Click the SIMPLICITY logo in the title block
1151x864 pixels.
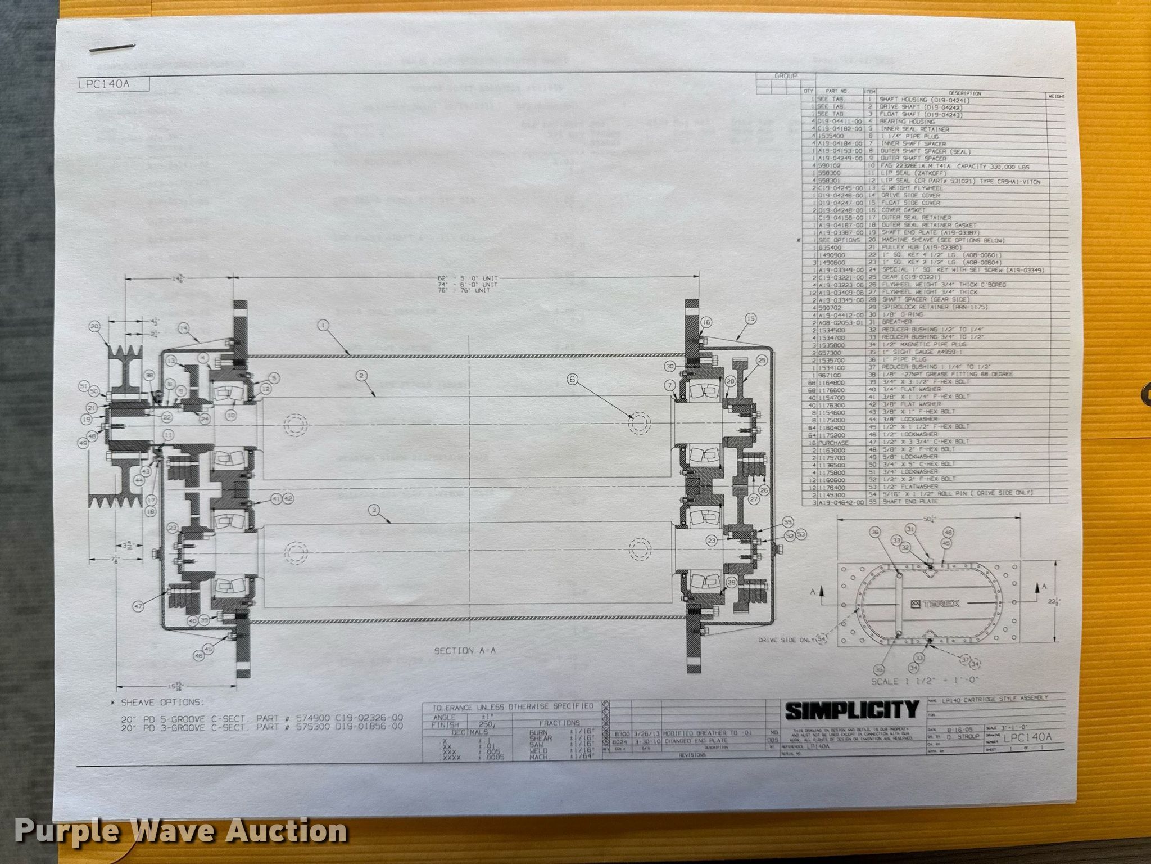[x=851, y=710]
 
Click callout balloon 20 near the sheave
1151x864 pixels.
[x=94, y=326]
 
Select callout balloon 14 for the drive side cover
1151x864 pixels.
[x=183, y=328]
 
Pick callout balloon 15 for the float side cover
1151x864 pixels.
[x=750, y=318]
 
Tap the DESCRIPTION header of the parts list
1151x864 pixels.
[x=964, y=93]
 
